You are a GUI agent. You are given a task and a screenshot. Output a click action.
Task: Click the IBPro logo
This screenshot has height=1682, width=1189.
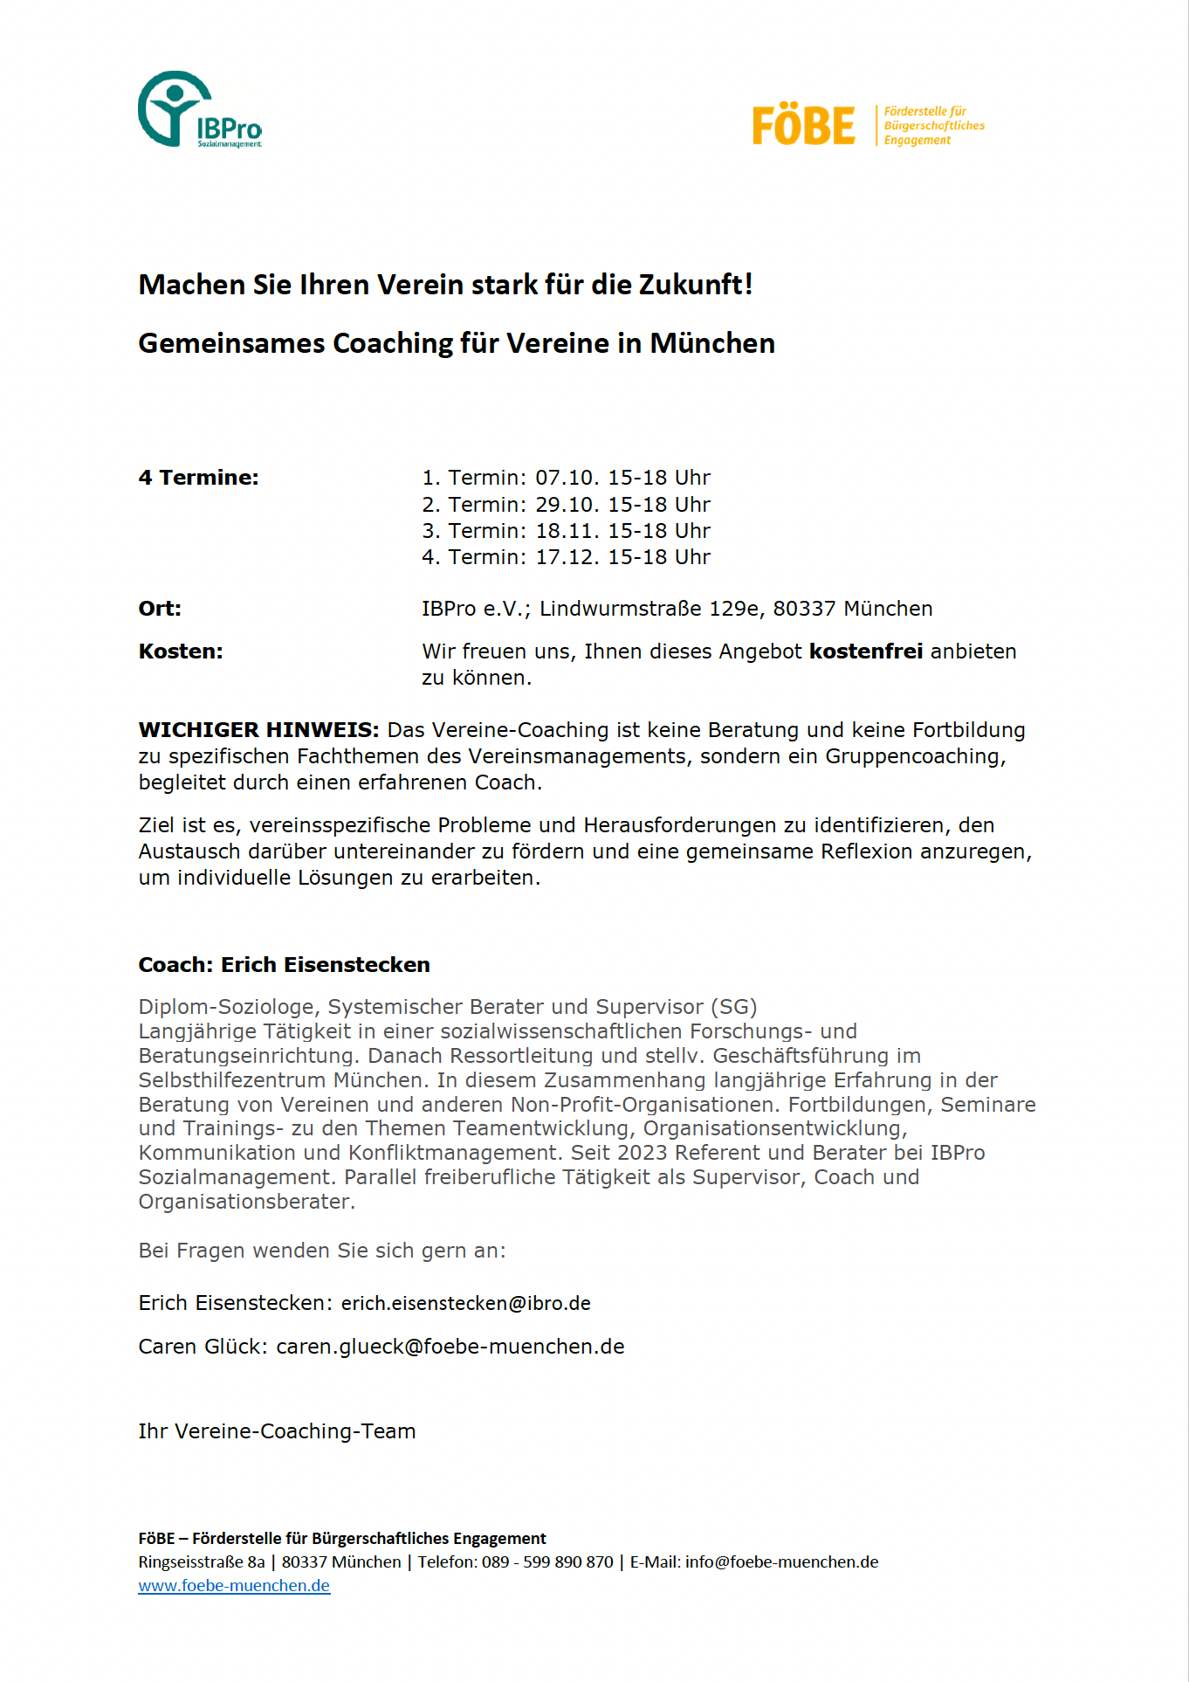pos(199,110)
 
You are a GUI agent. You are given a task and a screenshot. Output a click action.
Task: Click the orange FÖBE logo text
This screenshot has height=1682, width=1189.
pos(803,126)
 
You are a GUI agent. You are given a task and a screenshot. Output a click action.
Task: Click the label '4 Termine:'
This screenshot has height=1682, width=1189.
pos(198,478)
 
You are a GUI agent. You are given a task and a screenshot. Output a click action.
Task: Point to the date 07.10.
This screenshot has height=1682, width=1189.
pos(567,478)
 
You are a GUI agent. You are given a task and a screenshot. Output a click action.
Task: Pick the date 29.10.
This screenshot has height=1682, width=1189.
pos(567,505)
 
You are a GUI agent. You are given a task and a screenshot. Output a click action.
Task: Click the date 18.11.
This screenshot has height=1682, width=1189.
pos(567,531)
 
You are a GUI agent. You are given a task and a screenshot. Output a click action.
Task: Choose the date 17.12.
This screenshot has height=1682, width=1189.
pos(567,557)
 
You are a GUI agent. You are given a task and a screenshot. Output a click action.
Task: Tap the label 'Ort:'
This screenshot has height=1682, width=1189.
pos(160,609)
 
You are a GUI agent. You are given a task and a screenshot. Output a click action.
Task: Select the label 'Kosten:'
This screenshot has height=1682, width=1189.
pos(181,651)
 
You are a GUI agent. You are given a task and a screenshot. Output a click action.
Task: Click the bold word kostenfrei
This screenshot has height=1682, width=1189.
pos(865,651)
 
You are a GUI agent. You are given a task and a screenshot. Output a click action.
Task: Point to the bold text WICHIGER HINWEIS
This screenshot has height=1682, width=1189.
pos(258,730)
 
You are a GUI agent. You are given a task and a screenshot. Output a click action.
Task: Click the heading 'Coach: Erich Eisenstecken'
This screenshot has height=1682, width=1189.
pos(284,965)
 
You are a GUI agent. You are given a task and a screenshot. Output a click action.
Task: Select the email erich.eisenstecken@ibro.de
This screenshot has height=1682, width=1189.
pos(465,1304)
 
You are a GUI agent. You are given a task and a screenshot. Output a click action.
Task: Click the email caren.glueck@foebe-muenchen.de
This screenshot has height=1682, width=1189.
pos(450,1347)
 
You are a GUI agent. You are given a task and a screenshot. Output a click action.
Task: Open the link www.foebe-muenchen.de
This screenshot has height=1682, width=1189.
pos(234,1586)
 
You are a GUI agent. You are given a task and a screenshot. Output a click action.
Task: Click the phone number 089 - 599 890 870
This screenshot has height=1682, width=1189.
pos(547,1562)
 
